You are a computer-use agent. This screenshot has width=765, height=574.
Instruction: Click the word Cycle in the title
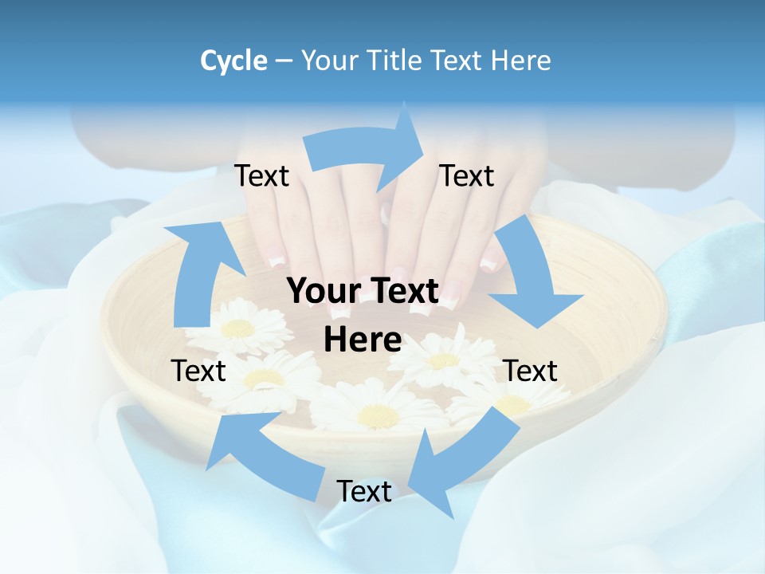(x=233, y=61)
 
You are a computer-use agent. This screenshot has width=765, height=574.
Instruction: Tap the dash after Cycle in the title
(x=284, y=61)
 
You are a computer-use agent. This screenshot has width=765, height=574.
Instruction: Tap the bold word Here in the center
(x=363, y=340)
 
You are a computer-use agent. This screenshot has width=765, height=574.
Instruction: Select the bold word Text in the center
(x=404, y=292)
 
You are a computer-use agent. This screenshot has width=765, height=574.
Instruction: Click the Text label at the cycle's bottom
(x=364, y=492)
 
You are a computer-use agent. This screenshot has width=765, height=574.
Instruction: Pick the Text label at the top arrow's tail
(x=261, y=176)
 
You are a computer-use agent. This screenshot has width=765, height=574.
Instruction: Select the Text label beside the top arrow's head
(x=467, y=176)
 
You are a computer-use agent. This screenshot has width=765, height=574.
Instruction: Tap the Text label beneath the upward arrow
(x=198, y=371)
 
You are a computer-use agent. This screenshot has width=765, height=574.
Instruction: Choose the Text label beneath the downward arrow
(x=531, y=371)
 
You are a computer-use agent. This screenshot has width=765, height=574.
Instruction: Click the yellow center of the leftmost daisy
(x=237, y=328)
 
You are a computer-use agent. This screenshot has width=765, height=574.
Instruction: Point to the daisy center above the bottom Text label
(x=378, y=415)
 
